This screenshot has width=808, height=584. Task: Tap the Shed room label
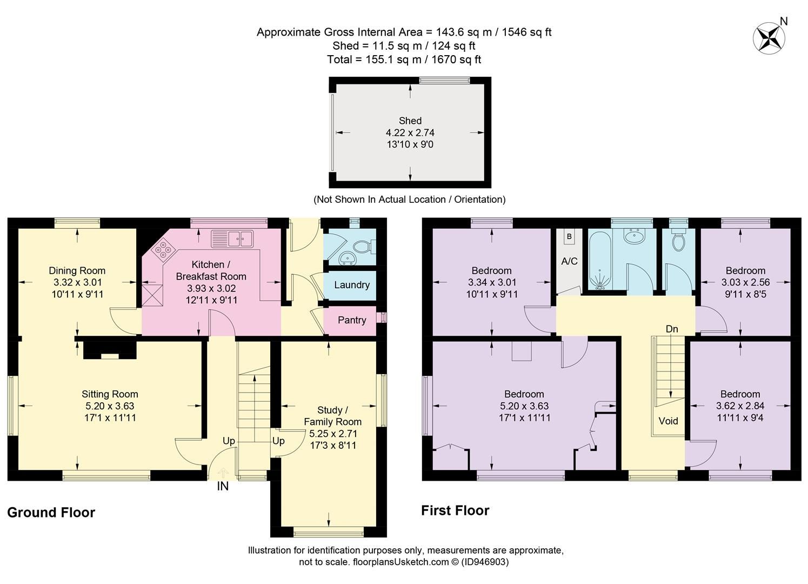click(410, 121)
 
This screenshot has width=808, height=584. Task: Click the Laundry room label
click(351, 285)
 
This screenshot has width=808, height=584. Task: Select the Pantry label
click(351, 320)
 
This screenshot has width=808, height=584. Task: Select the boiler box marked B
click(569, 237)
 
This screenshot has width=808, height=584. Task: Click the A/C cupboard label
click(569, 261)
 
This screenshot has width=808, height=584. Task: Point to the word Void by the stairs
click(668, 421)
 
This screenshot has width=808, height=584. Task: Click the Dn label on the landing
click(672, 329)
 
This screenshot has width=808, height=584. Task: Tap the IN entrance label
click(223, 487)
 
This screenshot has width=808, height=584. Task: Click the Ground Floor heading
click(51, 513)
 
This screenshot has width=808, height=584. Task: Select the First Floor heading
click(455, 510)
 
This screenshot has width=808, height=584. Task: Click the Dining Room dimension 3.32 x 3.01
click(77, 282)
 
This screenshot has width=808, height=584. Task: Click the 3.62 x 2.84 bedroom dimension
click(740, 406)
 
